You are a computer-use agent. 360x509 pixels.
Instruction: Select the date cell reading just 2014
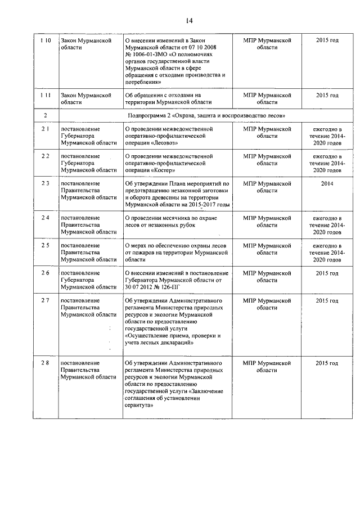point(327,183)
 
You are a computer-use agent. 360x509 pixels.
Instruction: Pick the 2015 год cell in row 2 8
point(327,363)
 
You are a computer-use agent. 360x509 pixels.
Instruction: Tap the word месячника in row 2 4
point(177,218)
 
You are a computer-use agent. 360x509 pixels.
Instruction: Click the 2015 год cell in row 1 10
point(327,41)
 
